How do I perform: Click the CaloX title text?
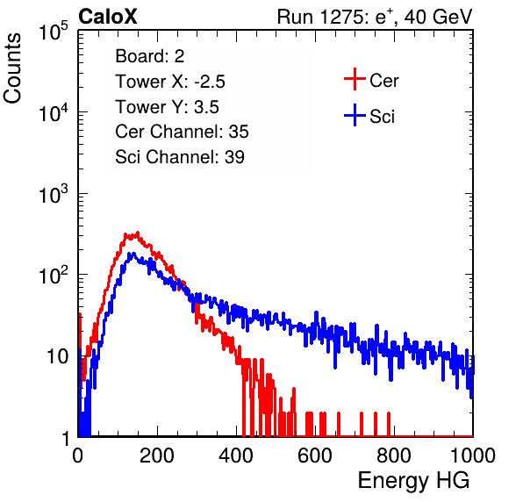tap(107, 17)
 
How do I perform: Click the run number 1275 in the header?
tap(340, 17)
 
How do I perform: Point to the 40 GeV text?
tap(439, 17)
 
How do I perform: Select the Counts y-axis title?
tap(12, 68)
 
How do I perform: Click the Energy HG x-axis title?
tap(413, 481)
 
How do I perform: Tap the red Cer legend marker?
tap(355, 79)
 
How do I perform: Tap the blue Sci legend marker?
tap(355, 116)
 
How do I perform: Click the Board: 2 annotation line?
tap(149, 56)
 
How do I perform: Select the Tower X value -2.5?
tap(210, 82)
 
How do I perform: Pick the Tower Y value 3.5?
tap(206, 107)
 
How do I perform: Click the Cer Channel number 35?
tap(239, 132)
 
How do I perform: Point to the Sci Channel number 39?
tap(234, 157)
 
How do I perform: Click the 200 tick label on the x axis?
tap(157, 455)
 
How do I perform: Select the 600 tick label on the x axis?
tap(315, 455)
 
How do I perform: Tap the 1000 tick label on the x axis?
tap(473, 455)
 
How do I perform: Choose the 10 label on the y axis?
tap(58, 356)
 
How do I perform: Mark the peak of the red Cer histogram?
tap(138, 233)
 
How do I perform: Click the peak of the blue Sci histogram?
tap(133, 253)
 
